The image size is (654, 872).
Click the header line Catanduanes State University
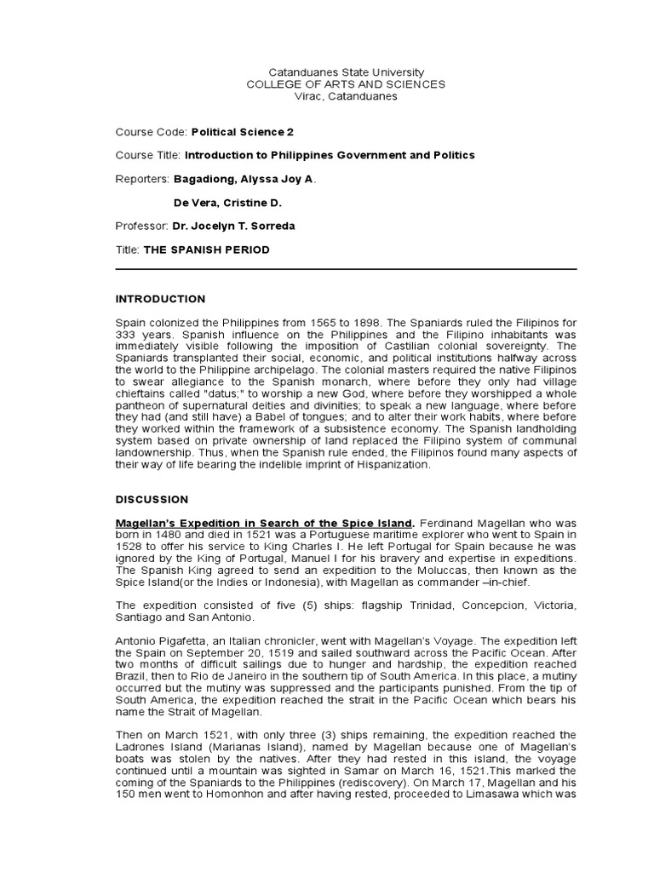(x=346, y=73)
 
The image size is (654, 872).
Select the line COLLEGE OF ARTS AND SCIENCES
(x=346, y=85)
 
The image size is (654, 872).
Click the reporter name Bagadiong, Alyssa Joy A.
(x=244, y=180)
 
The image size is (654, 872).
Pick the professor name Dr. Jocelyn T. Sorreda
(x=234, y=226)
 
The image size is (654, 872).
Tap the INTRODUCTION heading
(x=160, y=299)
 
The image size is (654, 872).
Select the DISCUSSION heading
(x=152, y=499)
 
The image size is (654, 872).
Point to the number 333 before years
(x=125, y=336)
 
